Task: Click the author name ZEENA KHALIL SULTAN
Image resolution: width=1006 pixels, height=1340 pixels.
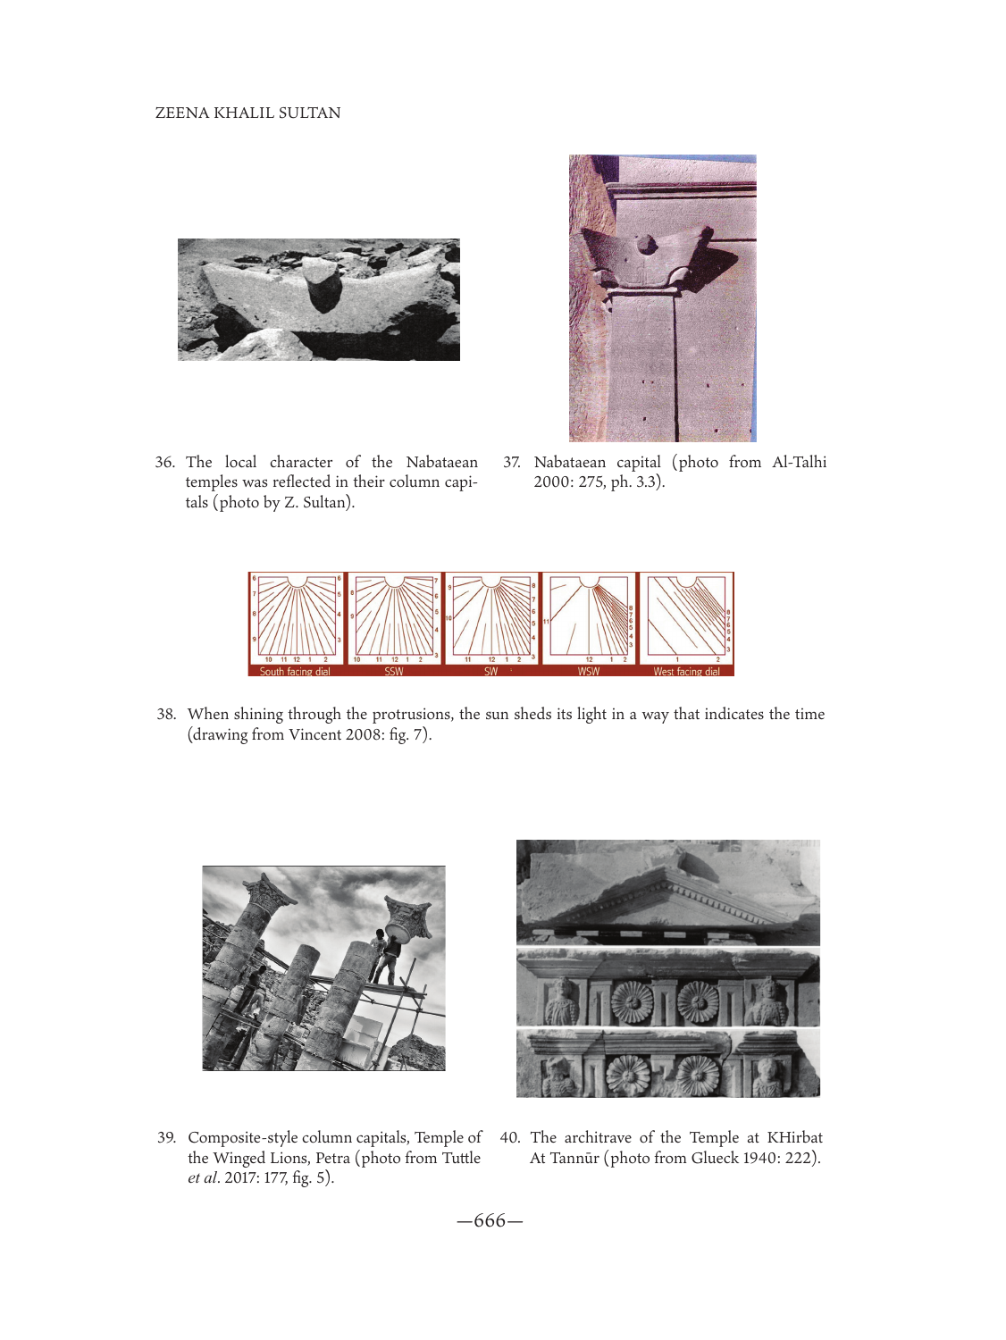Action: point(247,113)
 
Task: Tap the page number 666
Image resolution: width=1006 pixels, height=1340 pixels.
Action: point(490,1220)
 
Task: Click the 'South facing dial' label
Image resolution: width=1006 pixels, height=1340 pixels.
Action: point(295,672)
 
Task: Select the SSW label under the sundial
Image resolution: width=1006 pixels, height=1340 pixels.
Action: point(393,672)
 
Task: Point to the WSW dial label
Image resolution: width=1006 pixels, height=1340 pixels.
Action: point(589,672)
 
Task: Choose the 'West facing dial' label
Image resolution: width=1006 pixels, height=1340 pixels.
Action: point(686,672)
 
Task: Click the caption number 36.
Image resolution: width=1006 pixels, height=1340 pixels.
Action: point(164,462)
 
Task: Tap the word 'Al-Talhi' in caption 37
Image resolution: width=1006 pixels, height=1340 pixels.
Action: point(799,462)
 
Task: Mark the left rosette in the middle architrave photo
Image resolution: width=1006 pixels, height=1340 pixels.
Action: point(633,1002)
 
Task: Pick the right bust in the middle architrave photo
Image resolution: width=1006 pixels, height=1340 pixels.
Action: point(766,1001)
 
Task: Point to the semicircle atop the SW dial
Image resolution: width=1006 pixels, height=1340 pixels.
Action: point(491,581)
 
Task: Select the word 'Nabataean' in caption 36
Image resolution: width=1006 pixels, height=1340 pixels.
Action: point(441,462)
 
